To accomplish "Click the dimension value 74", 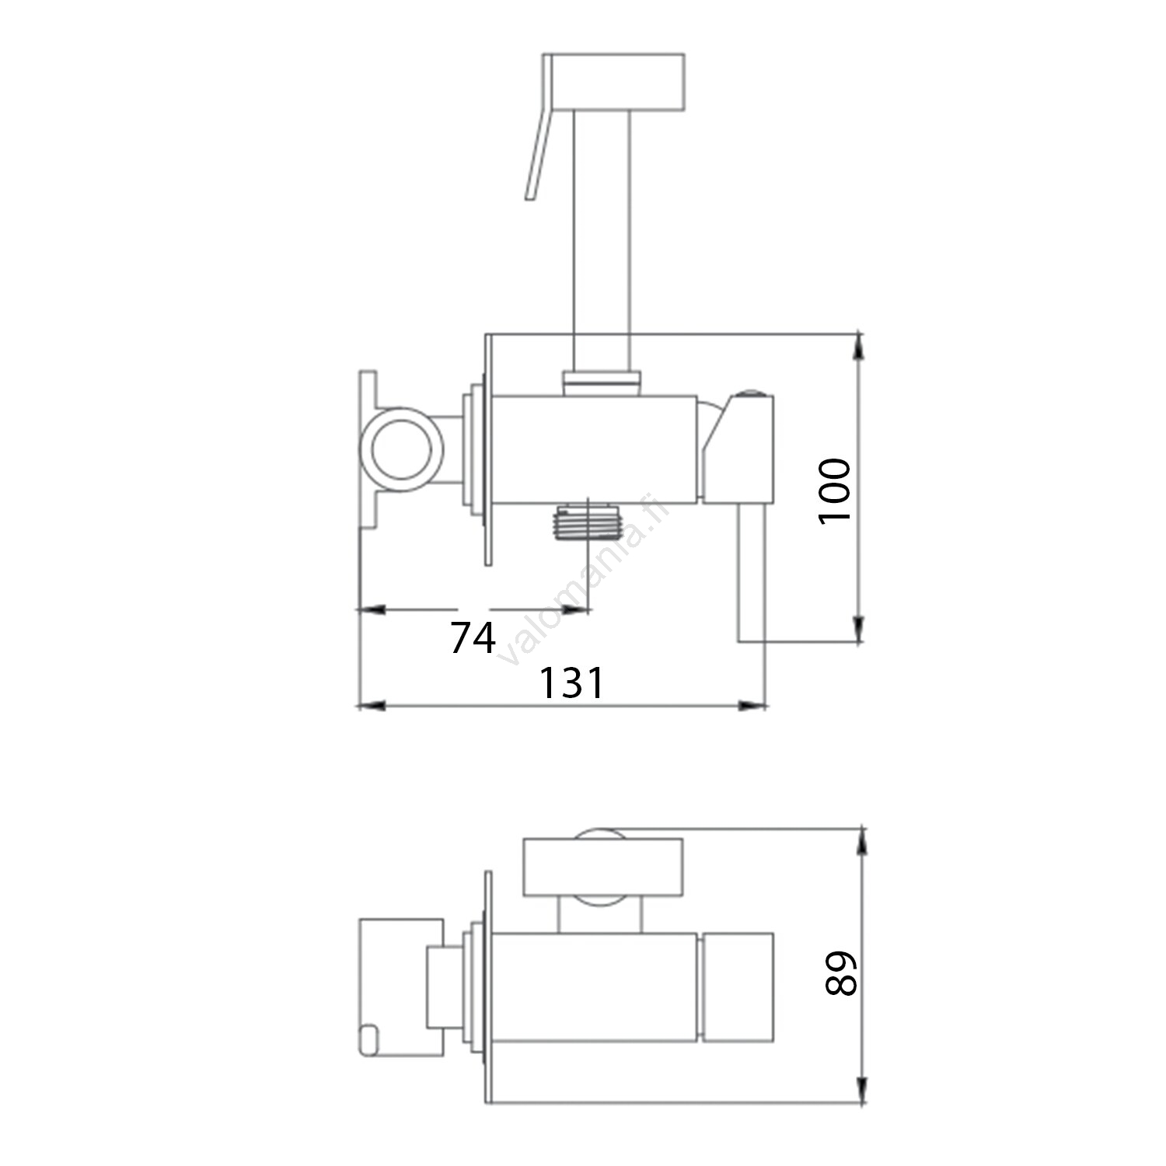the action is click(473, 639).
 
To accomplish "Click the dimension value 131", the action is click(571, 683).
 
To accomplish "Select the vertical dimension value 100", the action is click(836, 491).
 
